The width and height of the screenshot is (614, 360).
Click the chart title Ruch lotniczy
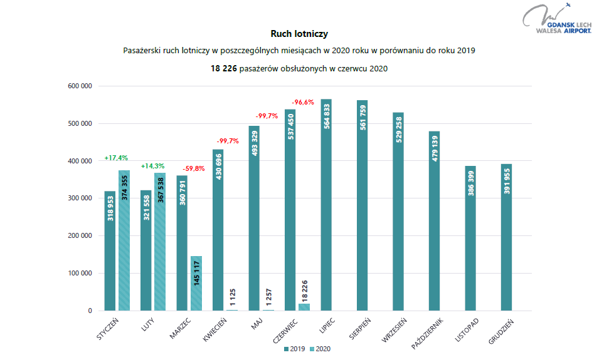pyautogui.click(x=299, y=34)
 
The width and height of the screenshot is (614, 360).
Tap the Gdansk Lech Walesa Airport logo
pyautogui.click(x=562, y=19)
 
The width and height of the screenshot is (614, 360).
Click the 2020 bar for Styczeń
pyautogui.click(x=124, y=240)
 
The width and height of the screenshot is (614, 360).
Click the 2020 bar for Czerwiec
pyautogui.click(x=304, y=307)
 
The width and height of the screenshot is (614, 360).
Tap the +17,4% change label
pyautogui.click(x=115, y=158)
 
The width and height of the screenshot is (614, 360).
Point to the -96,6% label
pyautogui.click(x=303, y=102)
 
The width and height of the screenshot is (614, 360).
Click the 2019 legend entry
pyautogui.click(x=294, y=349)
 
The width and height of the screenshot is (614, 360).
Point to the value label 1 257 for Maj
pyautogui.click(x=268, y=295)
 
